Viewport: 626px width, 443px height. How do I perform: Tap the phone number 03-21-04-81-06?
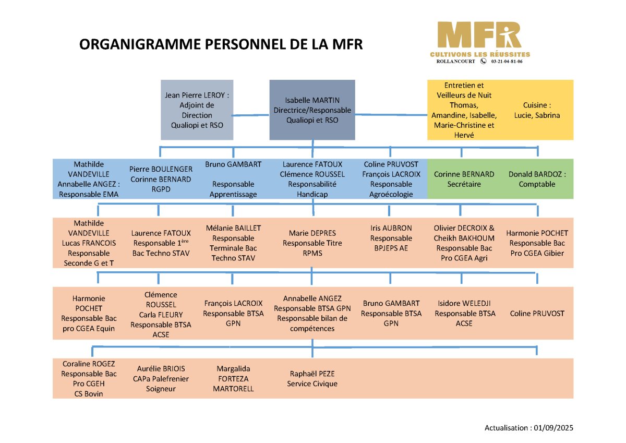click(x=507, y=62)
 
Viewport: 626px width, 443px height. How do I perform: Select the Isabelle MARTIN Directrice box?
click(x=312, y=110)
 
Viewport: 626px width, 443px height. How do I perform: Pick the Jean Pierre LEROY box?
click(x=197, y=110)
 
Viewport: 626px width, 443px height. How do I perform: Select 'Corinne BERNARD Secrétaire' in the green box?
click(x=464, y=179)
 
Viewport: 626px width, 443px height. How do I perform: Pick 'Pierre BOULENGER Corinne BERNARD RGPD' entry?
click(x=161, y=179)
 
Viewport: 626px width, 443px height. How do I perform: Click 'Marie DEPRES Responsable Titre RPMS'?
click(x=312, y=243)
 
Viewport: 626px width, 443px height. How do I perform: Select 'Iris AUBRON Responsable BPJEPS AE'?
click(x=391, y=238)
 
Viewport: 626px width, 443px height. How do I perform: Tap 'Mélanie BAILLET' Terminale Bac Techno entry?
click(x=233, y=243)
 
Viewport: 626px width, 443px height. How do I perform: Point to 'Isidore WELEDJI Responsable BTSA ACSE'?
click(x=464, y=313)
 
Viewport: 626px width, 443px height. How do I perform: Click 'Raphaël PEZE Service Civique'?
click(x=312, y=379)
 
